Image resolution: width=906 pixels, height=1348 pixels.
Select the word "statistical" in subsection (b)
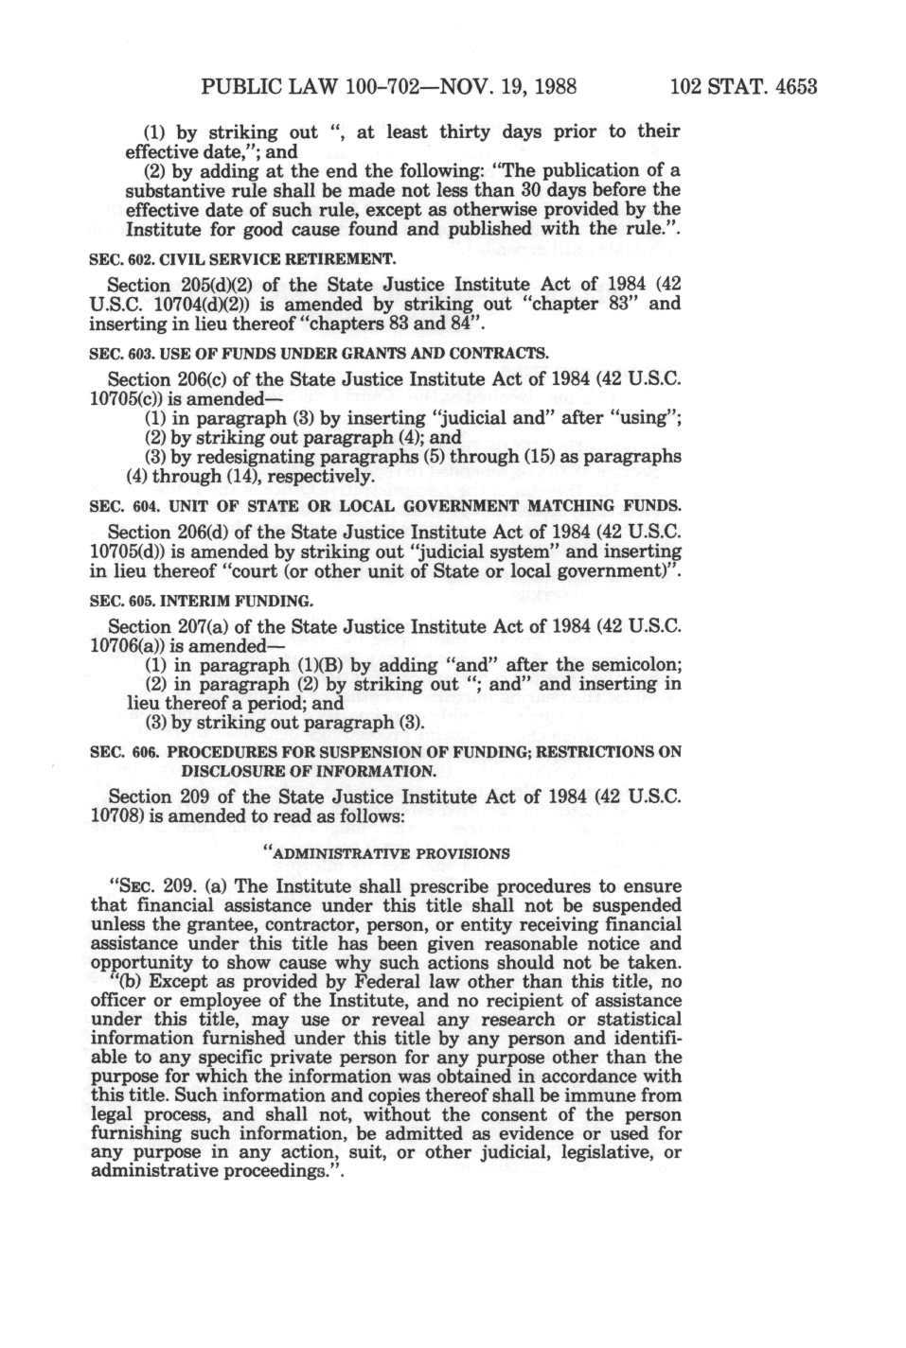point(631,1019)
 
